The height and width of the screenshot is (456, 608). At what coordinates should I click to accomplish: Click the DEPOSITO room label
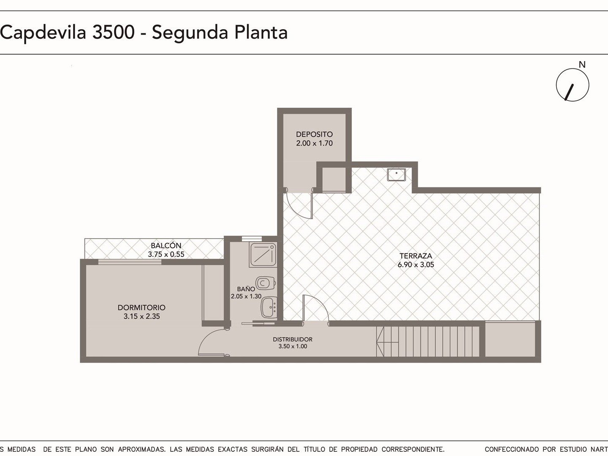click(314, 134)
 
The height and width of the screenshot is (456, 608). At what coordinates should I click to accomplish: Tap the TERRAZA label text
click(415, 255)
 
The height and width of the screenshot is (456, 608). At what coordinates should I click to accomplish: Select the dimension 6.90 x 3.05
click(415, 264)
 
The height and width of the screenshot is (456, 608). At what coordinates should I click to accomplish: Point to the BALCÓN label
click(166, 245)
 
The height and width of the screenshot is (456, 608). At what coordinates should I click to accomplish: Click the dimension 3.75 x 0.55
click(166, 254)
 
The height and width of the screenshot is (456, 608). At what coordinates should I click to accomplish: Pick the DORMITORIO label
click(141, 307)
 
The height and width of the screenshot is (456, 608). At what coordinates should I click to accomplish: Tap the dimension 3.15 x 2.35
click(141, 316)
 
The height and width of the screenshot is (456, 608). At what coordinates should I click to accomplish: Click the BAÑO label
click(246, 289)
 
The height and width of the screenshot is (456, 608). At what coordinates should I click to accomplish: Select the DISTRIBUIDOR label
click(293, 339)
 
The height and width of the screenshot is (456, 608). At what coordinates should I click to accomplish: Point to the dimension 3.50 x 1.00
click(293, 346)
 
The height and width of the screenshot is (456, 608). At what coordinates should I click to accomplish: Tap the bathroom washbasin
click(269, 307)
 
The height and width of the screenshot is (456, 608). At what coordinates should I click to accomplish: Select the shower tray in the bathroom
click(263, 255)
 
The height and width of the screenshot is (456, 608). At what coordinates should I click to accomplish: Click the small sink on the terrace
click(396, 174)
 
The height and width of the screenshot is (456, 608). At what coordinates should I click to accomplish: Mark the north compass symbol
click(573, 85)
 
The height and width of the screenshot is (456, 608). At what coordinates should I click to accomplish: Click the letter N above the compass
click(582, 65)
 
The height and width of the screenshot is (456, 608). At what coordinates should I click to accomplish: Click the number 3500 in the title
click(113, 33)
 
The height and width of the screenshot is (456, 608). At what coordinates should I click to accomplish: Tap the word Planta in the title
click(261, 33)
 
